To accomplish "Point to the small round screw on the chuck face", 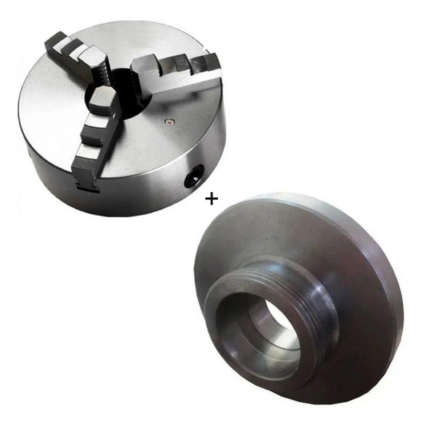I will click(x=170, y=122).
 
